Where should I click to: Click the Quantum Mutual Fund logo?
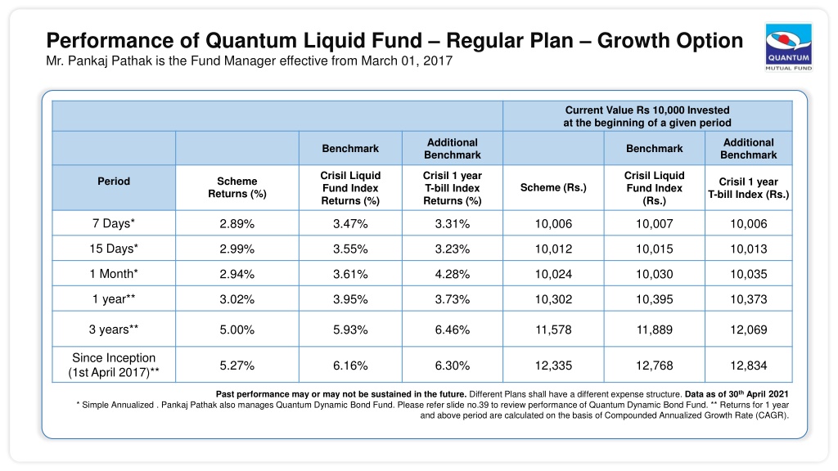[788, 47]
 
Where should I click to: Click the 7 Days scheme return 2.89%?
[237, 224]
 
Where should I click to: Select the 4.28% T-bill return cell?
[452, 274]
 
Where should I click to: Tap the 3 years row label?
[113, 330]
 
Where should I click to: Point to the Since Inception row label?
[113, 366]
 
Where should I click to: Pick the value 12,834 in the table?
[748, 366]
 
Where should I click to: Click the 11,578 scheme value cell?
[553, 330]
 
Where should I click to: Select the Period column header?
[113, 181]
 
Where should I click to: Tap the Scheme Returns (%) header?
[237, 187]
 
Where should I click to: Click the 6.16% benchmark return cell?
[350, 366]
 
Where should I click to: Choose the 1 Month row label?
[113, 274]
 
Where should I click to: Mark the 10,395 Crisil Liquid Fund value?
[654, 299]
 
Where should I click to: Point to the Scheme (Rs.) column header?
[553, 187]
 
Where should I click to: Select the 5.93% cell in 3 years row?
[350, 330]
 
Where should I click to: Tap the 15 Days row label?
[113, 249]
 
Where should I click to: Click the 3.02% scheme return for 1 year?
[237, 299]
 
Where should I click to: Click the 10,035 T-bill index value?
[748, 275]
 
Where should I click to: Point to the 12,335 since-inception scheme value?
[553, 366]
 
